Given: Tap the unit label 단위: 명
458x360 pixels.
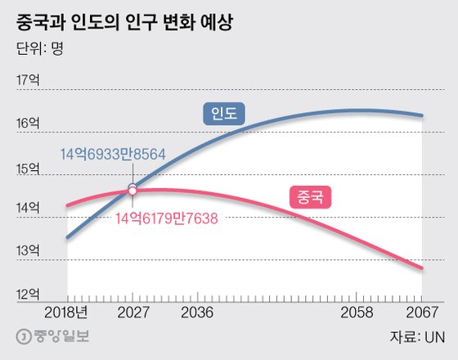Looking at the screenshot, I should pos(39,47).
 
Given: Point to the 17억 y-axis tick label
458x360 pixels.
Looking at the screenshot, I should pos(28,79).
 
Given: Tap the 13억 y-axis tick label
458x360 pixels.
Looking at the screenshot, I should pos(28,250).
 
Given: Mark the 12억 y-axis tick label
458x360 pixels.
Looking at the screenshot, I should pos(28,294).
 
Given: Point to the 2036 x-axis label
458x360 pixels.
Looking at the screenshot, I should pos(196,313).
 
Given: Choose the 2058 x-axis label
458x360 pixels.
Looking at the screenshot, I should pos(357,313).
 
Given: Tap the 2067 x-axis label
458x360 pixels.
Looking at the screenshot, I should pos(420,313).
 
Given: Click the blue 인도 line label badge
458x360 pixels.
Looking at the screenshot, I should pos(224,115).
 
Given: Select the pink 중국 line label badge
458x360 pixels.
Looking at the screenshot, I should pos(311,196).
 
